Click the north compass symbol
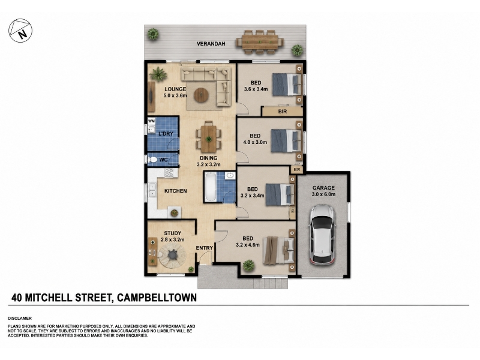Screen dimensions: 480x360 tap(20, 31)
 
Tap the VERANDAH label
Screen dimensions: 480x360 tap(211, 44)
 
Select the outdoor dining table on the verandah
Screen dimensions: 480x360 tap(260, 41)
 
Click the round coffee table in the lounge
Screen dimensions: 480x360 tap(202, 95)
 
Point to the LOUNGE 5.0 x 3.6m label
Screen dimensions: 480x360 tap(175, 92)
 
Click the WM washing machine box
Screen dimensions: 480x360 tap(152, 121)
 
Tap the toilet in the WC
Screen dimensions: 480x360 tap(152, 160)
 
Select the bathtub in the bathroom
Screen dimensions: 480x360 tap(211, 187)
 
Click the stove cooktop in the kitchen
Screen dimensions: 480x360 tap(169, 173)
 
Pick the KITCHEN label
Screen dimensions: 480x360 tap(175, 191)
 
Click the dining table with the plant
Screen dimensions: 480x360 tap(208, 139)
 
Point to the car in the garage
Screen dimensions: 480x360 tap(323, 235)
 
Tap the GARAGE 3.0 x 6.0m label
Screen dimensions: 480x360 tap(323, 191)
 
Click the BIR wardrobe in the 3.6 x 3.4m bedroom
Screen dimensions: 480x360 tap(282, 112)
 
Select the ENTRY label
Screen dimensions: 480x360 tap(204, 248)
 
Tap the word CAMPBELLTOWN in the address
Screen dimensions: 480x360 tap(157, 298)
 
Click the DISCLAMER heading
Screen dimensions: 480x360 tap(20, 319)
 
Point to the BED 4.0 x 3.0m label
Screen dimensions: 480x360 tap(255, 139)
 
